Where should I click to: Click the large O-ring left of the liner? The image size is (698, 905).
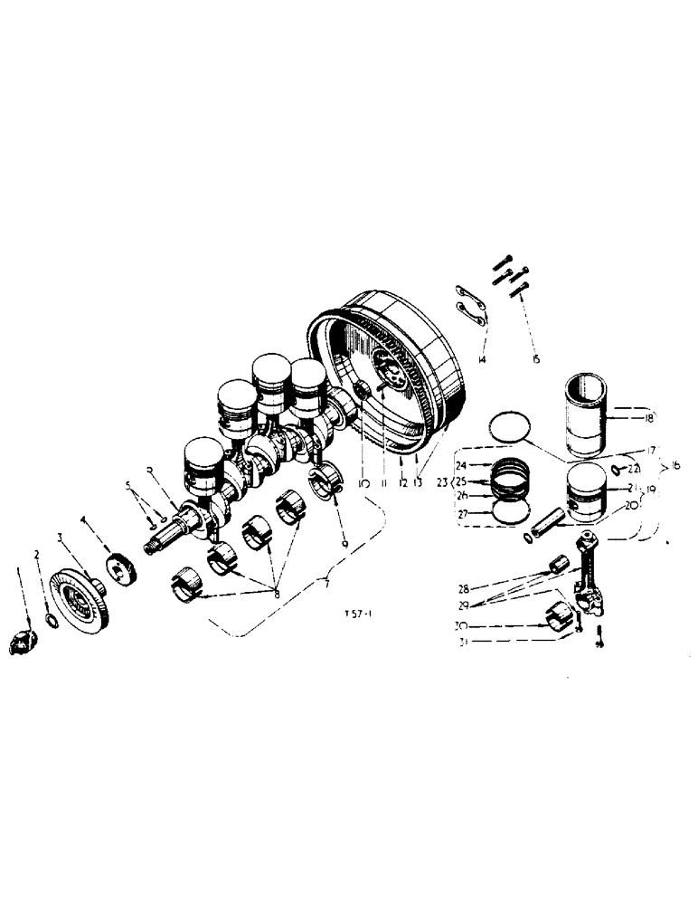509,425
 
